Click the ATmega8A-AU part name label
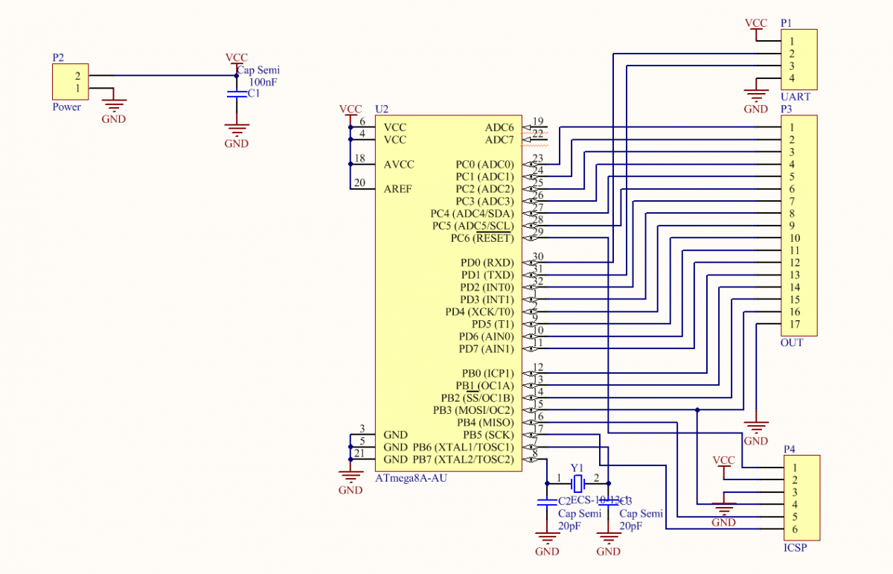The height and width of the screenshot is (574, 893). [x=412, y=478]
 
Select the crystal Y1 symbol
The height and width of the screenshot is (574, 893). [x=577, y=479]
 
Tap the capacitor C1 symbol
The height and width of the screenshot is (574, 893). [x=236, y=95]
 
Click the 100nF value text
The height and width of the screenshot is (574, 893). [x=262, y=83]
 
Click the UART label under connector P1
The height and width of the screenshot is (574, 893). [x=796, y=98]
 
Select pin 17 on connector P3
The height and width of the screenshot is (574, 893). [x=795, y=324]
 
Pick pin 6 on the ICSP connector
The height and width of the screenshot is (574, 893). [x=795, y=529]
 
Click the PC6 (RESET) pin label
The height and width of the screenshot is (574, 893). [x=481, y=238]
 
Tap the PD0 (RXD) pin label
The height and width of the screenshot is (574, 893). [x=487, y=263]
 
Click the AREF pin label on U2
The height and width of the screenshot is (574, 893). [x=398, y=189]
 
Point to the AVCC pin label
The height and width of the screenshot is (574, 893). [x=399, y=165]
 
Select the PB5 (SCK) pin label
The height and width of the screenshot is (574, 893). [x=488, y=435]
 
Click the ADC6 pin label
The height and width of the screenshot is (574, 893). [x=499, y=128]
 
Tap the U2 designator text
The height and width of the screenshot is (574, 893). [x=382, y=109]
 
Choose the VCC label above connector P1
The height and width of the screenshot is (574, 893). [x=755, y=23]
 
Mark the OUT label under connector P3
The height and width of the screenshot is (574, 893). [x=792, y=343]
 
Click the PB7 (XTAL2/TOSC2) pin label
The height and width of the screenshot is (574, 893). [x=463, y=459]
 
